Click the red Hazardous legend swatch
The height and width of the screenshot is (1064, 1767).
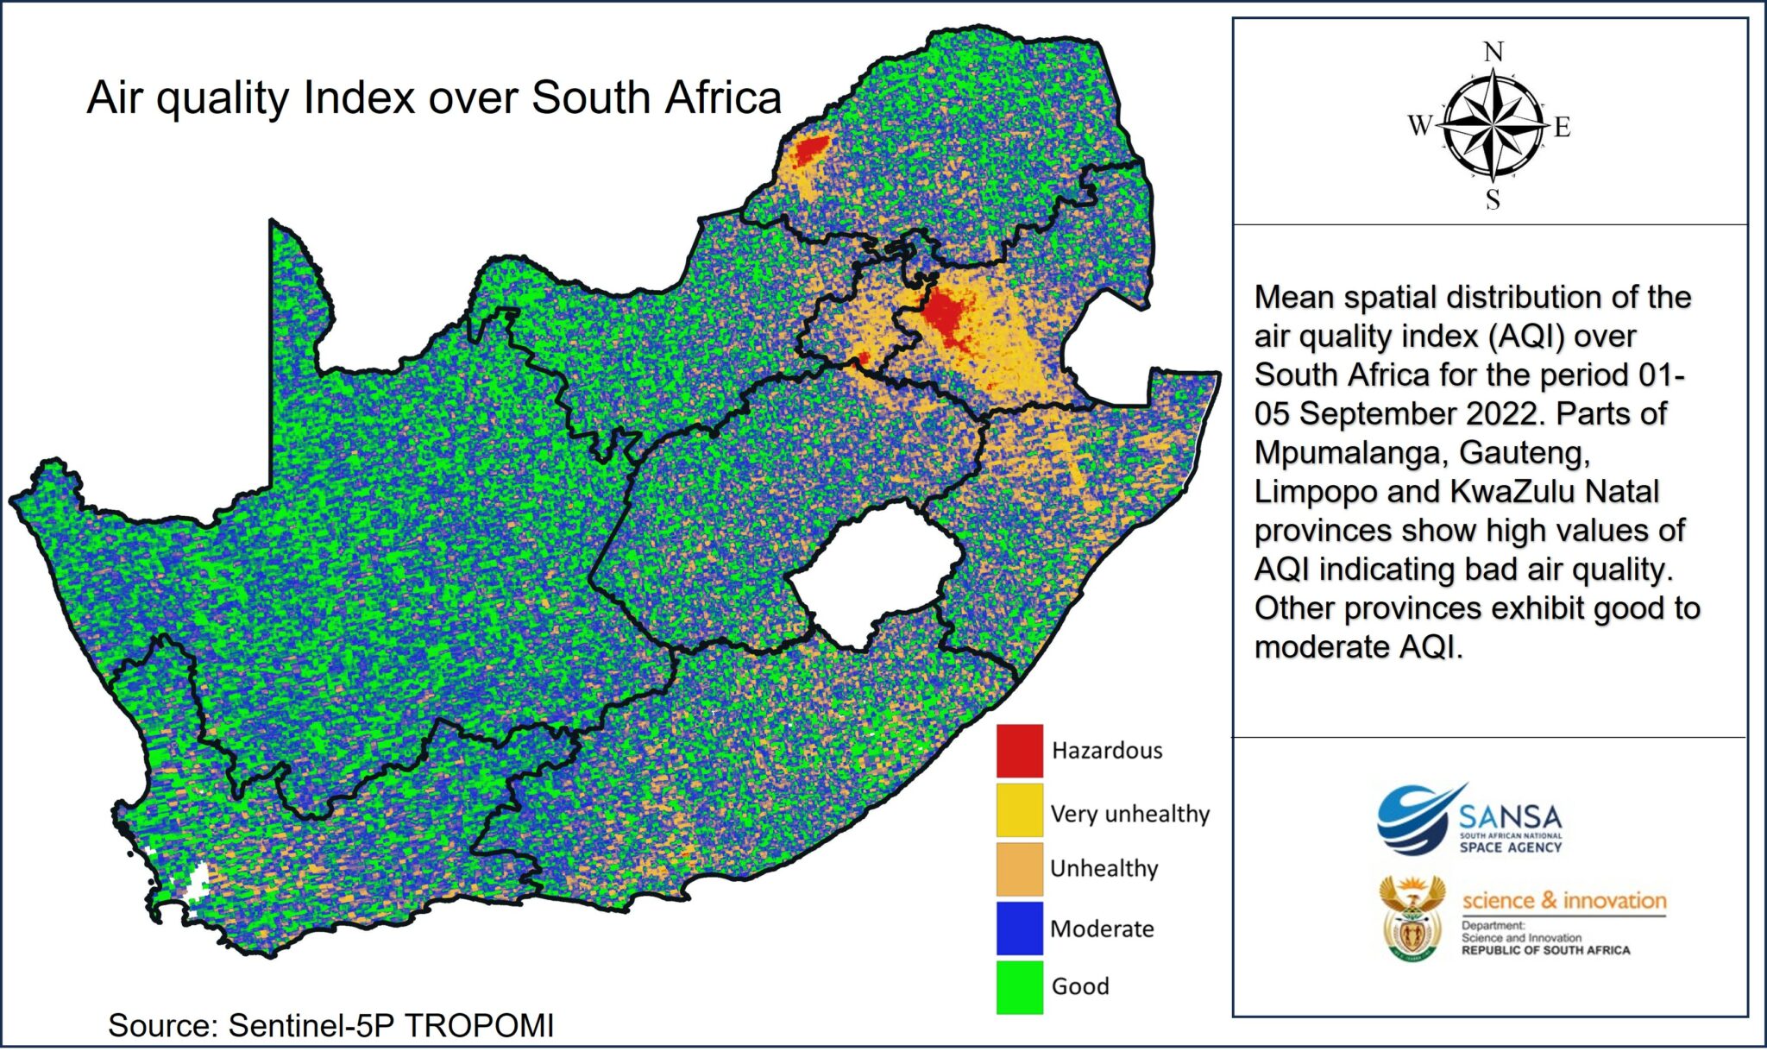[1019, 750]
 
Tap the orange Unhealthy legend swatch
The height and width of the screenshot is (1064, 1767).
[1019, 868]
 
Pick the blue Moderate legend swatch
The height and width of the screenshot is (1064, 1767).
[1019, 928]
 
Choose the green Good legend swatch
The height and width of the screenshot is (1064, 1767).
[1019, 986]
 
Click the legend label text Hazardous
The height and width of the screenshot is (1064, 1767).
[1106, 751]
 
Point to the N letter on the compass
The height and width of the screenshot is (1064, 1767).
[1493, 52]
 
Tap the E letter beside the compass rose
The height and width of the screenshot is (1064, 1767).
[1563, 129]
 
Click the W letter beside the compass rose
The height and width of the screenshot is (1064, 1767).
[1419, 126]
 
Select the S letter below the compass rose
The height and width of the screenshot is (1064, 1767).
[1493, 200]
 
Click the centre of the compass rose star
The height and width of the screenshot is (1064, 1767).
[1493, 126]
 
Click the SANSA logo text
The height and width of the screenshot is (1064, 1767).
[1510, 816]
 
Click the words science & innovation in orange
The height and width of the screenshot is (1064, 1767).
[1563, 900]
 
